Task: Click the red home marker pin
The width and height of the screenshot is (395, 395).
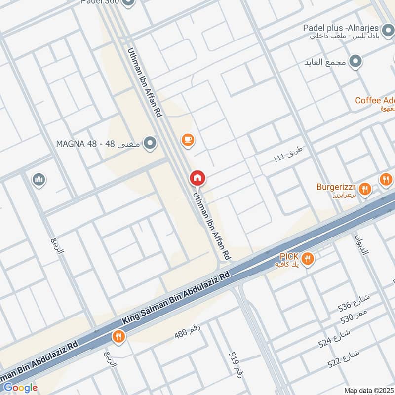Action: (x=198, y=178)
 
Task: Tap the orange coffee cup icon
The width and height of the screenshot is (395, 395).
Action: (x=187, y=140)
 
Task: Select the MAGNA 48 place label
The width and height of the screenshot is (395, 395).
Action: (x=99, y=144)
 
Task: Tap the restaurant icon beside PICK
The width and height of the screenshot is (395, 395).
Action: (x=308, y=258)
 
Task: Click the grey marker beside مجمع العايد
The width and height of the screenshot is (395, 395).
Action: (x=355, y=62)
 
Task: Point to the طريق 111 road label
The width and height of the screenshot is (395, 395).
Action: (x=286, y=158)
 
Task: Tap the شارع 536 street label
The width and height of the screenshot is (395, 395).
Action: (x=354, y=303)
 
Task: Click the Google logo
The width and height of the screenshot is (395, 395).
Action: (x=20, y=388)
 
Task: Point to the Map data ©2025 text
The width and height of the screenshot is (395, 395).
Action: (x=368, y=390)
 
